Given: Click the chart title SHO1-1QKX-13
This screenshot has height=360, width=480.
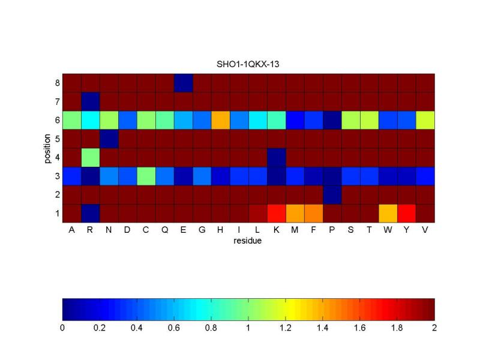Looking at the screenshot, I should click(248, 63).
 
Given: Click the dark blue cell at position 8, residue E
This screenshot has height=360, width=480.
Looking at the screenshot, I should click(183, 82).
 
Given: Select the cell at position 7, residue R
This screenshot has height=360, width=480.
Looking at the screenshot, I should click(90, 101).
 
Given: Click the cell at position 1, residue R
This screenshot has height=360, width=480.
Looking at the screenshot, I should click(90, 213).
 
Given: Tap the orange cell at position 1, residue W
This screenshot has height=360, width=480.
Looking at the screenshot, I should click(388, 213).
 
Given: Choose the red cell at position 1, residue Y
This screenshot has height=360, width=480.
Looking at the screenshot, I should click(406, 213).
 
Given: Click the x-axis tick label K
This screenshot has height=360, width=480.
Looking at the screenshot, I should click(276, 230).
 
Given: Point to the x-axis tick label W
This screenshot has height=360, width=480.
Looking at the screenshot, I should click(388, 230).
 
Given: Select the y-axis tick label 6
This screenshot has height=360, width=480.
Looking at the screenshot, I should click(57, 120).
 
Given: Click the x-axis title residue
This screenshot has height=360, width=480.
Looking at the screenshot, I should click(248, 241).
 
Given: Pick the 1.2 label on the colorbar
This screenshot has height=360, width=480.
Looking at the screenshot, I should click(286, 328).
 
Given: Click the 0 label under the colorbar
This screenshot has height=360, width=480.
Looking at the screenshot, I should click(62, 328).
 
